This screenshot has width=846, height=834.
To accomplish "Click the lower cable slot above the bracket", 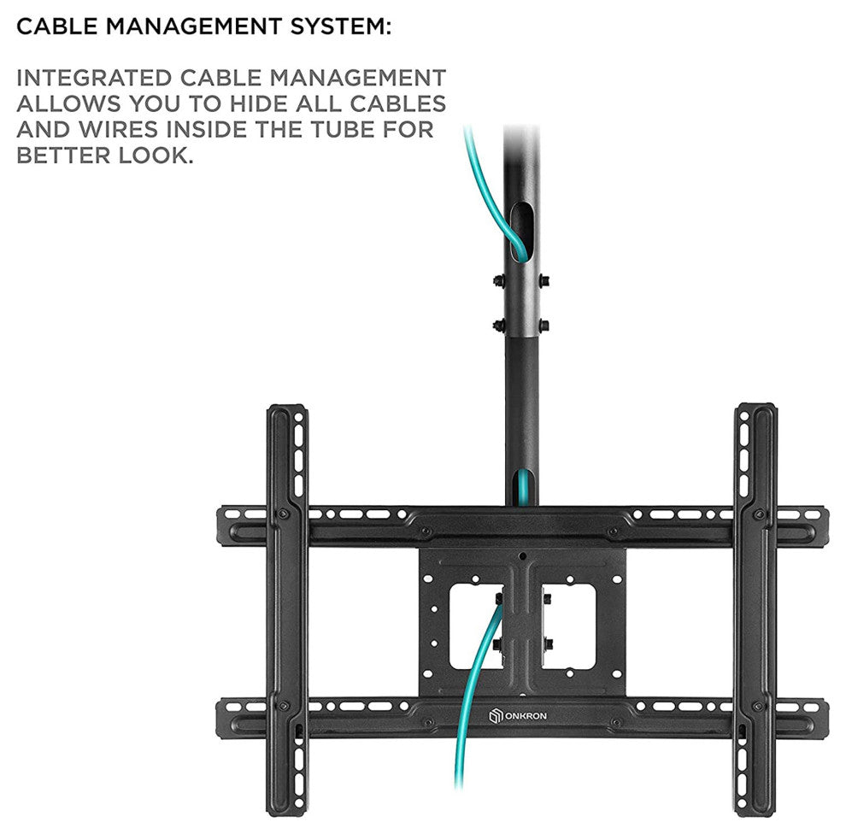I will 522,485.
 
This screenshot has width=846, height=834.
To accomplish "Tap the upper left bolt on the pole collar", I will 496,280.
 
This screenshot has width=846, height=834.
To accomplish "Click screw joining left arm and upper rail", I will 282,515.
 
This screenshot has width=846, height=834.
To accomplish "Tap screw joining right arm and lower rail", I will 758,708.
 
